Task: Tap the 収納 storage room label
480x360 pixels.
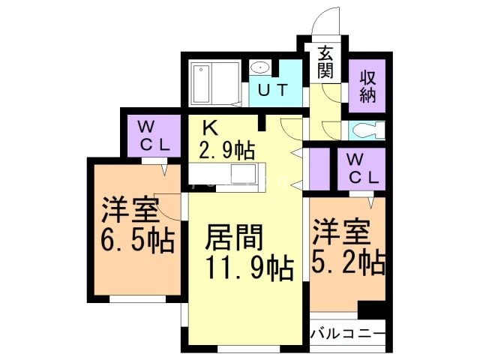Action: pos(367,85)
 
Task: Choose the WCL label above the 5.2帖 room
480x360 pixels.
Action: pos(361,170)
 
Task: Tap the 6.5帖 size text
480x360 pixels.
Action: pos(137,241)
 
